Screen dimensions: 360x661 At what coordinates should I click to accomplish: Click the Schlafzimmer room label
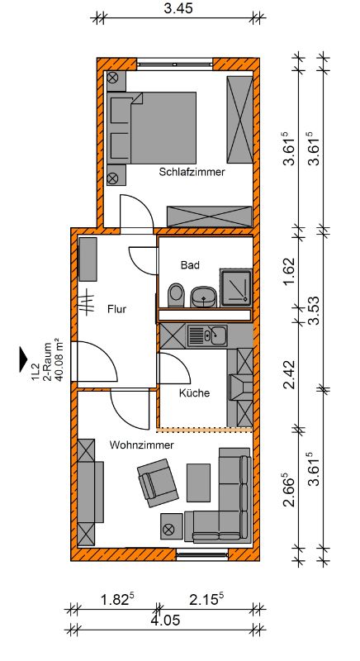(192, 172)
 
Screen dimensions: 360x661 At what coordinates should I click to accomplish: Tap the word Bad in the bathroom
(190, 265)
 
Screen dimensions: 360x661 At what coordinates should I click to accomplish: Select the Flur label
(116, 309)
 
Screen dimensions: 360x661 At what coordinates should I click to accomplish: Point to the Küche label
(194, 393)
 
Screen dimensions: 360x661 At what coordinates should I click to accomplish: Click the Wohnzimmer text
(141, 445)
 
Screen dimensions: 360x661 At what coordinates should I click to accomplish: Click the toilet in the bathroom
(177, 295)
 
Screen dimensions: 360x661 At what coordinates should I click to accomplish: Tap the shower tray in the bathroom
(236, 288)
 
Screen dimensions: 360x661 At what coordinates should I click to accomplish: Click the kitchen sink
(207, 336)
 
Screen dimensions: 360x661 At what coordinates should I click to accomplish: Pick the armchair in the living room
(158, 483)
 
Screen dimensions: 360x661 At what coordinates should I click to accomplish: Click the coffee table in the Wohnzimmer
(198, 483)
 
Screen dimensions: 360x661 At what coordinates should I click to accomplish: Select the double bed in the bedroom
(152, 128)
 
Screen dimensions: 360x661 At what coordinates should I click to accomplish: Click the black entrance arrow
(24, 359)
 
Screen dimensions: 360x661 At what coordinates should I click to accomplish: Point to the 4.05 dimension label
(166, 620)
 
